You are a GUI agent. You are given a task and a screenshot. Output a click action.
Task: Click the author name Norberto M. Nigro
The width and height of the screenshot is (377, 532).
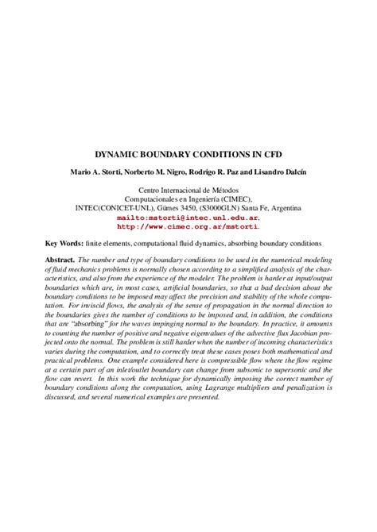coord(160,172)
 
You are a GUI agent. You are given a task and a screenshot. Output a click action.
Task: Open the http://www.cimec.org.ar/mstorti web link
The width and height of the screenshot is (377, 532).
coord(188,225)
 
